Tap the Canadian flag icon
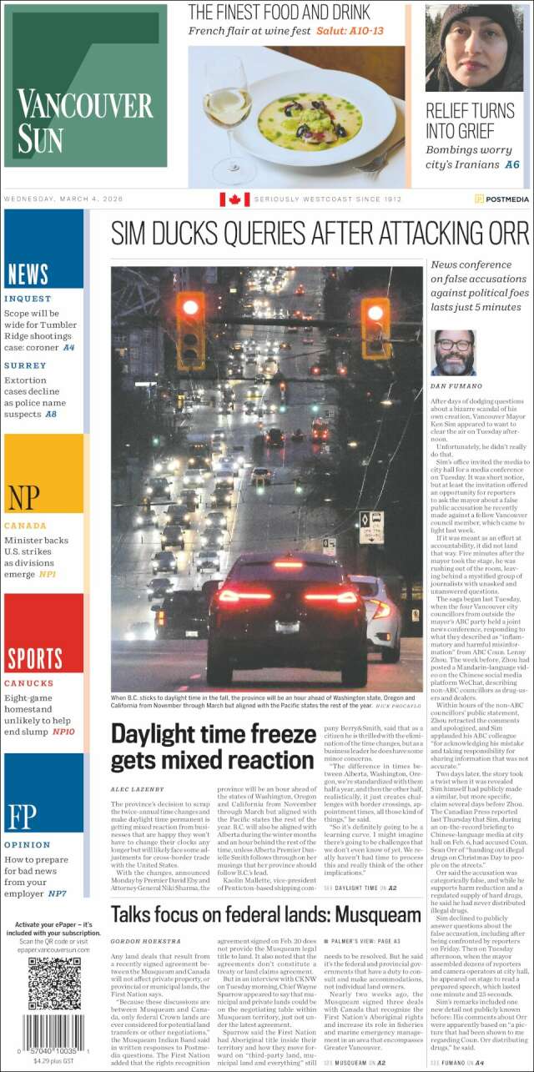[x=234, y=199]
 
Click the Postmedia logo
[x=501, y=199]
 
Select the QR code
[x=54, y=983]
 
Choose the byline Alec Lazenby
[x=138, y=788]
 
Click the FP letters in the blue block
[x=23, y=817]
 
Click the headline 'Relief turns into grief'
[x=470, y=120]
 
